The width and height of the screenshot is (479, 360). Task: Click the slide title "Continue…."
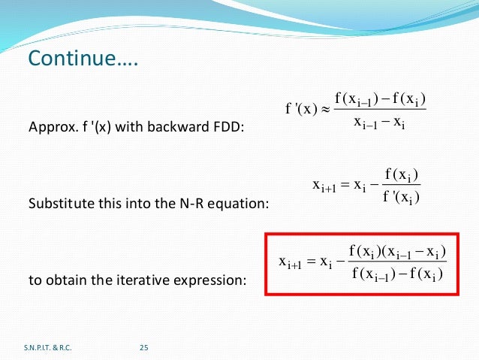83,59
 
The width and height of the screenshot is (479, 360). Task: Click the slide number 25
145,346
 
